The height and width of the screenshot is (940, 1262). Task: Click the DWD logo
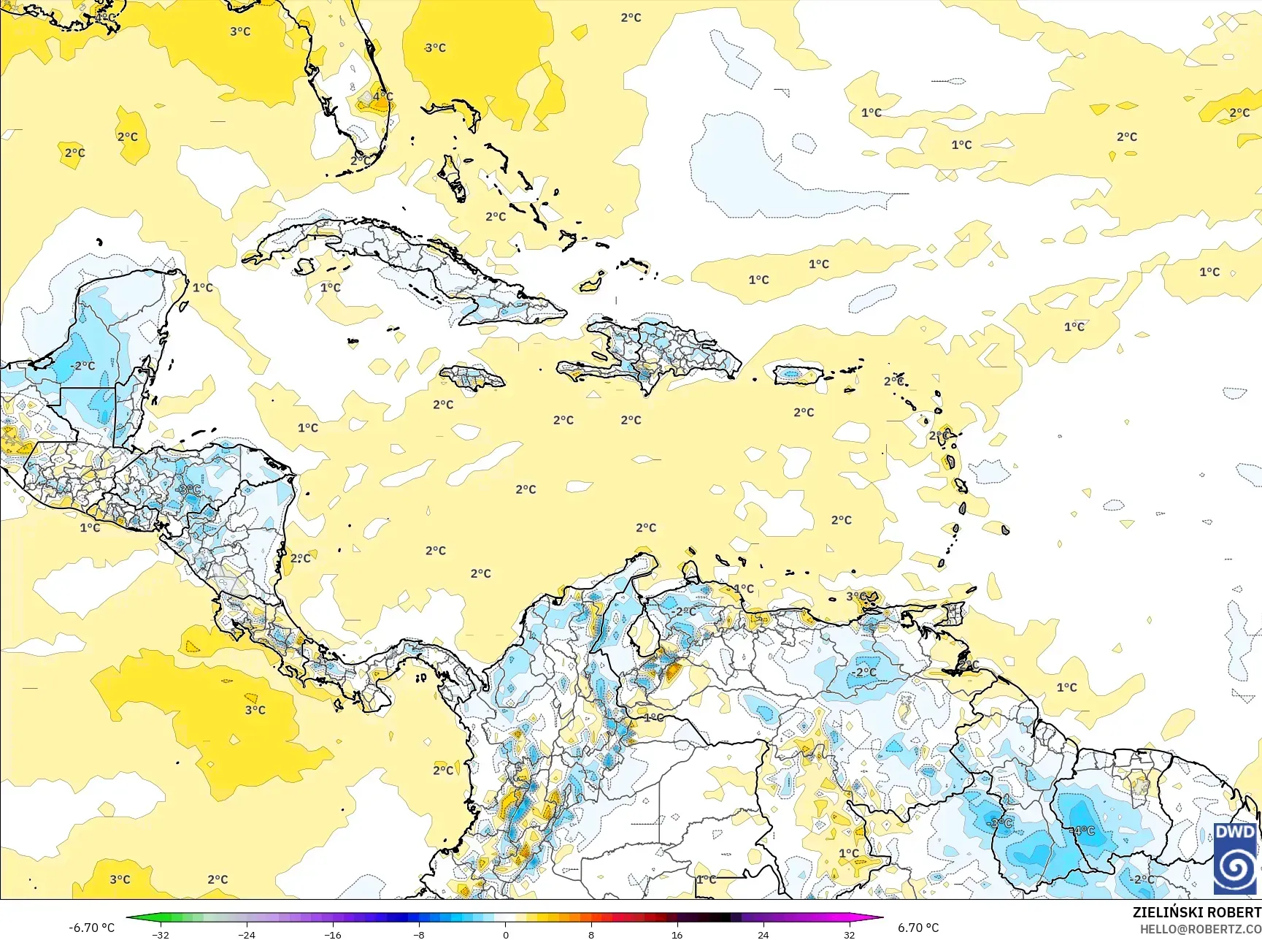point(1235,858)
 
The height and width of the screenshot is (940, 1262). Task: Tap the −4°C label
point(1082,830)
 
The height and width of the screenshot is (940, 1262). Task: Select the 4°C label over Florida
point(382,96)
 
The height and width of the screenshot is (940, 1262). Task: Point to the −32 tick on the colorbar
point(161,934)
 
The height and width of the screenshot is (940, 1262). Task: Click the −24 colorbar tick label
point(247,934)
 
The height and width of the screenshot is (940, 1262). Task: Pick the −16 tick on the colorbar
point(333,934)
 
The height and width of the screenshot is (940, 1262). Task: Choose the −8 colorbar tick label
point(419,934)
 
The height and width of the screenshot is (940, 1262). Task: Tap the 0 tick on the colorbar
point(505,934)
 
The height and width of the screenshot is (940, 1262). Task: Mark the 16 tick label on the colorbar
point(677,934)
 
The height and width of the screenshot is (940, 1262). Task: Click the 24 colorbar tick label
point(763,934)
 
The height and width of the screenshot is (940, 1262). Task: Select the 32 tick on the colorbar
point(849,934)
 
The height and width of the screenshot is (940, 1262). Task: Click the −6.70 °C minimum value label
point(91,928)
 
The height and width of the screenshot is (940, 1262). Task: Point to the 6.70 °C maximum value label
point(918,928)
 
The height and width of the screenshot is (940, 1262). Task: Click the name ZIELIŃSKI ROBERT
point(1196,912)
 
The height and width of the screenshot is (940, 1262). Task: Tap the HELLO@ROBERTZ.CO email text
point(1201,928)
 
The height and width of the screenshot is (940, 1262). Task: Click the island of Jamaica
point(472,378)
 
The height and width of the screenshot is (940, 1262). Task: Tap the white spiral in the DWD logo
point(1235,868)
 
